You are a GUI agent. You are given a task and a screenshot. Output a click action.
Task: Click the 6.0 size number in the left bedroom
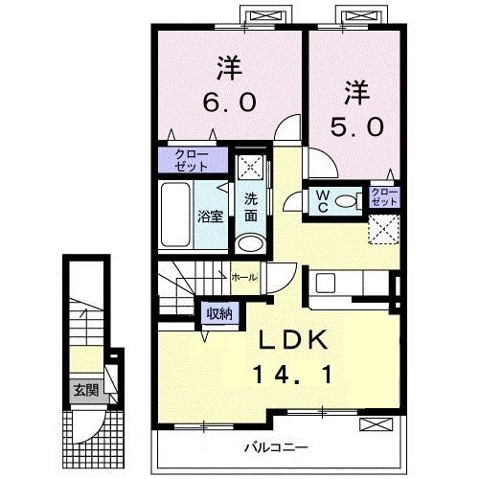click(228, 101)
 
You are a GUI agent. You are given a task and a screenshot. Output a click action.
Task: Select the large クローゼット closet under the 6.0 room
click(193, 159)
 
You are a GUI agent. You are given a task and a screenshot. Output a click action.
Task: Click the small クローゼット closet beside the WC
click(384, 198)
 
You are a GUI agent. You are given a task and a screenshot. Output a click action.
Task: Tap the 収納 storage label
click(217, 313)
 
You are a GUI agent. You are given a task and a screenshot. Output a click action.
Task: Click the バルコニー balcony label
click(275, 446)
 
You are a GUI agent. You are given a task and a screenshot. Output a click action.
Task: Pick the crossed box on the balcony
click(375, 425)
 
